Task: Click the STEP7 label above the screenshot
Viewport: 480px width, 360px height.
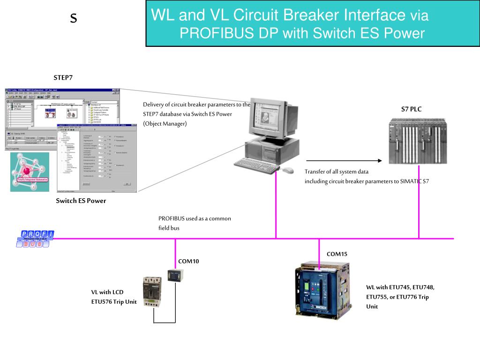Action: pos(63,77)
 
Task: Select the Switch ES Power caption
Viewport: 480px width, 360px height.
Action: pos(81,201)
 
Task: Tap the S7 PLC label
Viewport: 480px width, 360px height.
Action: pos(411,109)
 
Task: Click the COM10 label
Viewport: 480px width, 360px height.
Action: pos(188,261)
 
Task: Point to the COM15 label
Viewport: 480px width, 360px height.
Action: pos(337,254)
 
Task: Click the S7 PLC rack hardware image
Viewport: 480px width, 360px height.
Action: pos(418,141)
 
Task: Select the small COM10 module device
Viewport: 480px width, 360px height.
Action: pos(176,276)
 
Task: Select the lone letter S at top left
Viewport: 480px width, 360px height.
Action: pos(73,18)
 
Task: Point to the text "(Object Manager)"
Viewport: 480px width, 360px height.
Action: pos(165,123)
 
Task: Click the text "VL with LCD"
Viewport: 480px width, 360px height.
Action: pos(107,292)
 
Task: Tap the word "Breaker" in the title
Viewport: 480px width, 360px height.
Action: pos(315,15)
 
